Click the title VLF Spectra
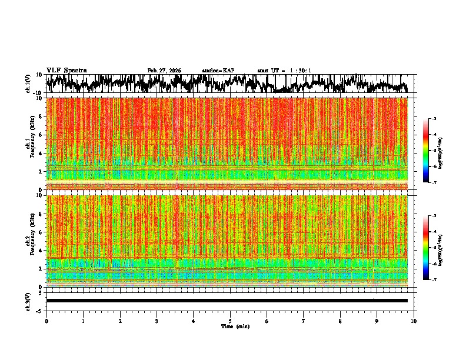tap(66, 71)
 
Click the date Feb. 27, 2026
tap(164, 71)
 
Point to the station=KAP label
tap(218, 71)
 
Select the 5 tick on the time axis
tap(230, 321)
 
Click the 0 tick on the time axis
tap(46, 321)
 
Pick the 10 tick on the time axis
tap(414, 321)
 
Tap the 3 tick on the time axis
tap(157, 321)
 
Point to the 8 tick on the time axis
tap(340, 321)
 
